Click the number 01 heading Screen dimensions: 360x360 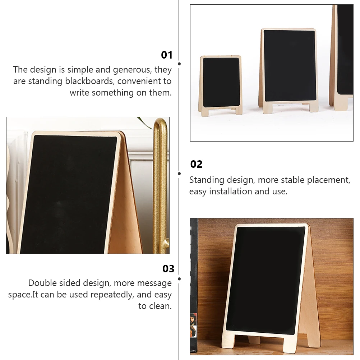167,55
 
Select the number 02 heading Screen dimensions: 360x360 196,164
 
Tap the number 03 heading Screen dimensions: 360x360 168,269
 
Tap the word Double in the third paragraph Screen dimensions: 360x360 42,283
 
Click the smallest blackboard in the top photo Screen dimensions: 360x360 221,83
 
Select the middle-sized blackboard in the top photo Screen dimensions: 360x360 290,66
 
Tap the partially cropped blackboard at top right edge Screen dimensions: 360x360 345,50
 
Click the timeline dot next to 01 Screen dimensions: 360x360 179,64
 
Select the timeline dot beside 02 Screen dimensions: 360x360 179,174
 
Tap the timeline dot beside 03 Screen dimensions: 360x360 179,278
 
